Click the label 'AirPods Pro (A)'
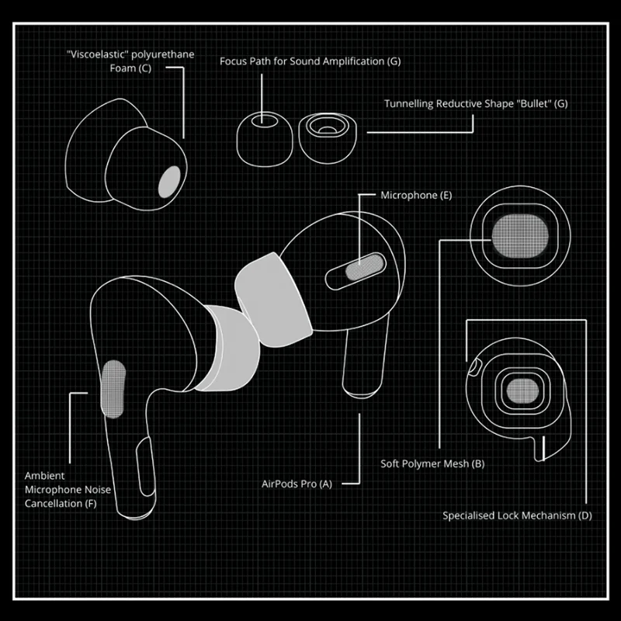pyautogui.click(x=297, y=484)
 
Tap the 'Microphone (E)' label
pyautogui.click(x=416, y=196)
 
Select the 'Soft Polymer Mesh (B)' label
pyautogui.click(x=432, y=464)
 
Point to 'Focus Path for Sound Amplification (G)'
pyautogui.click(x=310, y=61)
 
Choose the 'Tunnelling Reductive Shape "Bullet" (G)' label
pyautogui.click(x=476, y=103)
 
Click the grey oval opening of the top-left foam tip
pyautogui.click(x=171, y=182)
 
